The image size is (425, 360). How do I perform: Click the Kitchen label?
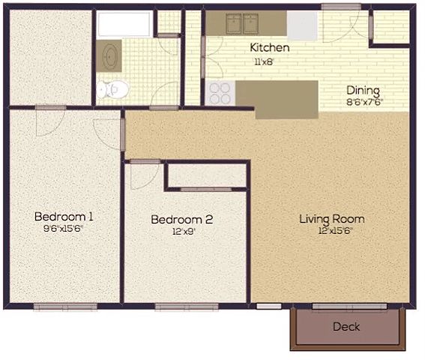tap(270, 48)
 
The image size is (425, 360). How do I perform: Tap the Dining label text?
tap(363, 91)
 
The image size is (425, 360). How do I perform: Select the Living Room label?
tap(332, 219)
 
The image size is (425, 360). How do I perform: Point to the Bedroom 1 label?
tap(64, 217)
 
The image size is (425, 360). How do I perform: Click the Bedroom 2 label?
tap(182, 220)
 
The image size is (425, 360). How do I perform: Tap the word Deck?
tap(346, 327)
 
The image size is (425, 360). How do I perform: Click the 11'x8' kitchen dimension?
tap(262, 62)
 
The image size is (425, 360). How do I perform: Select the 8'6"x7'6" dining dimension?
tap(365, 102)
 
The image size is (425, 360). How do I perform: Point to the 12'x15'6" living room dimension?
tap(336, 231)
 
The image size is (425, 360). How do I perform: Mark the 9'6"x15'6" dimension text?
tap(64, 229)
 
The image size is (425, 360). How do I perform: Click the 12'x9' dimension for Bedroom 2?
tap(184, 232)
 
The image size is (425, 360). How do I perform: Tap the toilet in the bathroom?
tap(112, 89)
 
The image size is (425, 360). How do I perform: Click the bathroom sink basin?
tap(109, 56)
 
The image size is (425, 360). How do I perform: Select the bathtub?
tap(124, 24)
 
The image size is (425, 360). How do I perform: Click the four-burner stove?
tap(220, 93)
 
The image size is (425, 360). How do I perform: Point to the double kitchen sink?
tap(242, 24)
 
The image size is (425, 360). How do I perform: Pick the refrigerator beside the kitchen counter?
tap(302, 25)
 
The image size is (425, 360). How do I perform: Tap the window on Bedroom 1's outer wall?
tap(65, 307)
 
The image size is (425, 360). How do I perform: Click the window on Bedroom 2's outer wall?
tap(187, 307)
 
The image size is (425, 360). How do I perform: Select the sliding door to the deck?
tap(349, 307)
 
